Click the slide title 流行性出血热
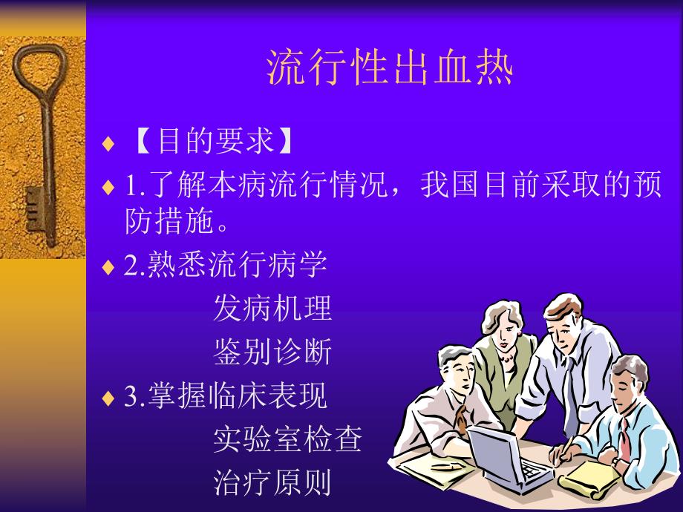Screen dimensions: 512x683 [x=390, y=69]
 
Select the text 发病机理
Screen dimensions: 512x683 [x=272, y=308]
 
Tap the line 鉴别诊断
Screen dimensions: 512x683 [x=272, y=352]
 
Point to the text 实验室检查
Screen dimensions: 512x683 [x=287, y=439]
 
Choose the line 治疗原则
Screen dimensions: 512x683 [x=272, y=482]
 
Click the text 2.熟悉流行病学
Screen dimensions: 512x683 [x=226, y=265]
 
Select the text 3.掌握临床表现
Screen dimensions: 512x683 [x=226, y=396]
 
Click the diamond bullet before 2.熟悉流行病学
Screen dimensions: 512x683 [x=109, y=267]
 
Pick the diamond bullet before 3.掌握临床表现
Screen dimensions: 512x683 [x=109, y=398]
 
